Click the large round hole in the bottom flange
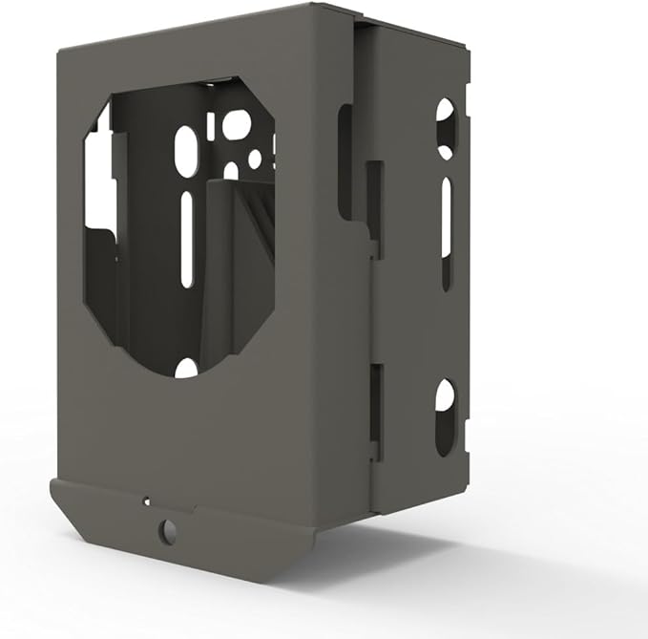(168, 528)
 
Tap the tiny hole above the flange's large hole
(146, 500)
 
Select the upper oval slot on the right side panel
(445, 128)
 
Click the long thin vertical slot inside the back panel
(187, 239)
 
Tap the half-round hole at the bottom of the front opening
(187, 368)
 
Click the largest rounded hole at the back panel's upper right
(237, 123)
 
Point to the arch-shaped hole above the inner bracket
(231, 171)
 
